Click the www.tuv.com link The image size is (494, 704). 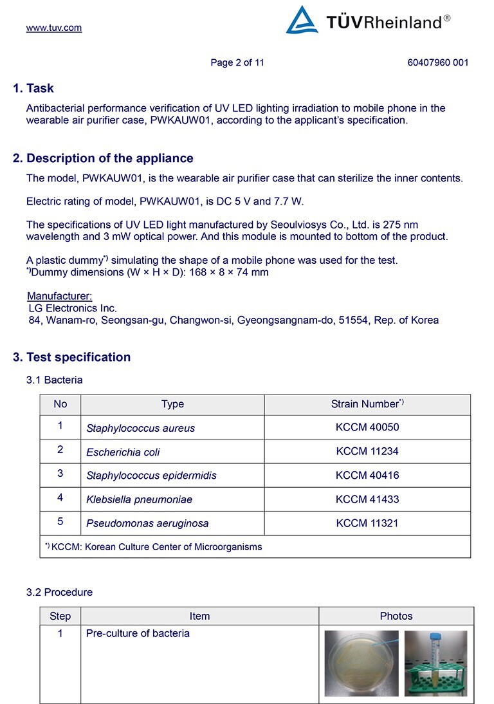(x=54, y=28)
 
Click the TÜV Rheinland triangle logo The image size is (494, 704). (x=302, y=21)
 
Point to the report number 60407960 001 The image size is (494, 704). (x=437, y=62)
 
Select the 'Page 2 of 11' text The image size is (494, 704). (x=237, y=62)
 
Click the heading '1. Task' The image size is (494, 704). (x=33, y=88)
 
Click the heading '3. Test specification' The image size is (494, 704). (x=72, y=357)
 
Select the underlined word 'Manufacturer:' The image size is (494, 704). (x=60, y=296)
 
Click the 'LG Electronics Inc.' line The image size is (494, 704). (x=73, y=308)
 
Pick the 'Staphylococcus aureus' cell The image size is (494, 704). (x=140, y=428)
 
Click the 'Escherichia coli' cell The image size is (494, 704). (x=123, y=452)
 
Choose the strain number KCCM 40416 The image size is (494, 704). (x=367, y=476)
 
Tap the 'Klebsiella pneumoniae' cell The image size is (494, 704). (x=139, y=499)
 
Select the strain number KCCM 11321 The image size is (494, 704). (x=367, y=523)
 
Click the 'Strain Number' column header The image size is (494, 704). (x=367, y=404)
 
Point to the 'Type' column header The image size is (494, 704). (x=172, y=404)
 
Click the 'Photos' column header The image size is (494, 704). (x=396, y=616)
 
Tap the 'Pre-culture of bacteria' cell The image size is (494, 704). (x=138, y=633)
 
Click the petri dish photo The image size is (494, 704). (x=361, y=663)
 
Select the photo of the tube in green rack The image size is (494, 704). (x=435, y=663)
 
